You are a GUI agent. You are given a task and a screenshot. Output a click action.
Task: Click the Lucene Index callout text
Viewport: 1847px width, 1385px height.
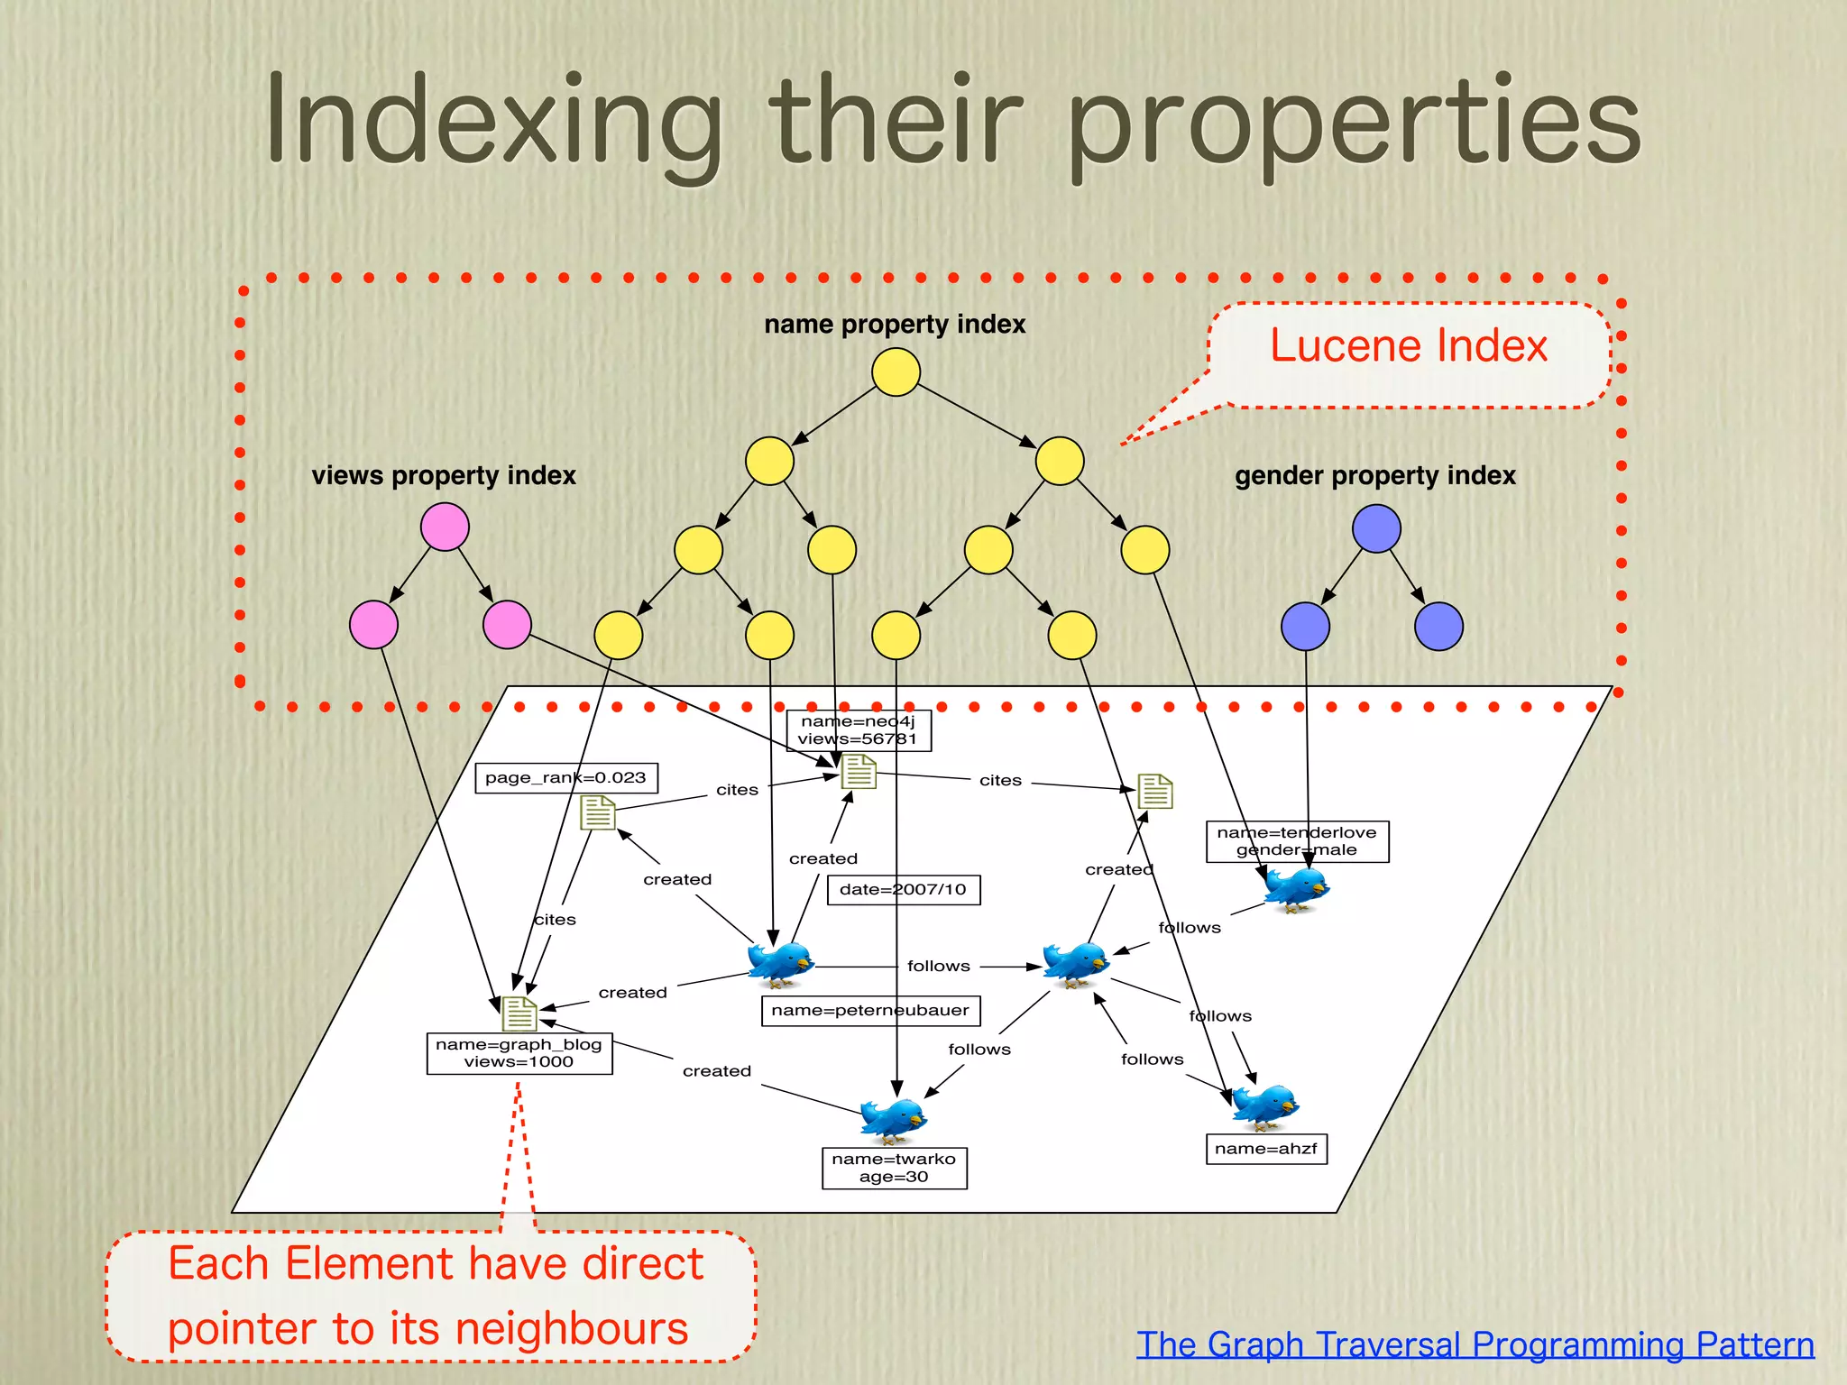[1408, 346]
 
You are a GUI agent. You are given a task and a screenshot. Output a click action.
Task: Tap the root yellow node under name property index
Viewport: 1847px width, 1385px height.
[896, 372]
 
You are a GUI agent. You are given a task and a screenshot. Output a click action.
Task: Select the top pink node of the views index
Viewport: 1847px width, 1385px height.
[445, 527]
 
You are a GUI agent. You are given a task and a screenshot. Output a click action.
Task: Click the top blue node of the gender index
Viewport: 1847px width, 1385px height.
[1376, 528]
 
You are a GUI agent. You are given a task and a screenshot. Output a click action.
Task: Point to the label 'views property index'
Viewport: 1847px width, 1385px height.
[443, 475]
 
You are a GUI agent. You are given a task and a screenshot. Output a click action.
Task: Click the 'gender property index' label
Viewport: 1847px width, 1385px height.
[1374, 475]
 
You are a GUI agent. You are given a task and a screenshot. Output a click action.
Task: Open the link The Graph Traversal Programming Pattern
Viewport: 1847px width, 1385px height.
[1475, 1344]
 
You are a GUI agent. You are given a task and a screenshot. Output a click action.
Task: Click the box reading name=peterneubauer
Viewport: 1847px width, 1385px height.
[869, 1011]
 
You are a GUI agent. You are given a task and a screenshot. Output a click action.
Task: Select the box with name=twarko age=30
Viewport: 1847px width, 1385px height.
[894, 1168]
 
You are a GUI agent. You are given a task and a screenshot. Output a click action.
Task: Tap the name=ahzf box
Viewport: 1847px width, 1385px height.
[1265, 1149]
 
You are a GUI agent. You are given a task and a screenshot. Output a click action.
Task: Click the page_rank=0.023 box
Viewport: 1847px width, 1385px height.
[565, 778]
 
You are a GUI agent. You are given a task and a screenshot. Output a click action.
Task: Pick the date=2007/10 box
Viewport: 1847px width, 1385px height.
[903, 890]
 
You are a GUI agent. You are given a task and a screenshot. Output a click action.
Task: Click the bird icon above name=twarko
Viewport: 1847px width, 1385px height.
[893, 1119]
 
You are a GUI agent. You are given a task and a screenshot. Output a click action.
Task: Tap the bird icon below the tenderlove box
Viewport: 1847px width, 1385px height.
[1296, 889]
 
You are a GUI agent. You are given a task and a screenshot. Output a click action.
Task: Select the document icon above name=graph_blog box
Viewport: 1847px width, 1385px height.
[519, 1014]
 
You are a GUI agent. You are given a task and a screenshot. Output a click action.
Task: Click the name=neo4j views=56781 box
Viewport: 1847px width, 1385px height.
[858, 730]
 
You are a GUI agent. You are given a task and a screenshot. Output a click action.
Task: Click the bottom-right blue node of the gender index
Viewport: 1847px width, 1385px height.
[1438, 627]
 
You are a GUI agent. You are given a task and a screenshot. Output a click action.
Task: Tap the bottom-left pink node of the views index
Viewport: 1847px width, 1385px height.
[373, 625]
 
